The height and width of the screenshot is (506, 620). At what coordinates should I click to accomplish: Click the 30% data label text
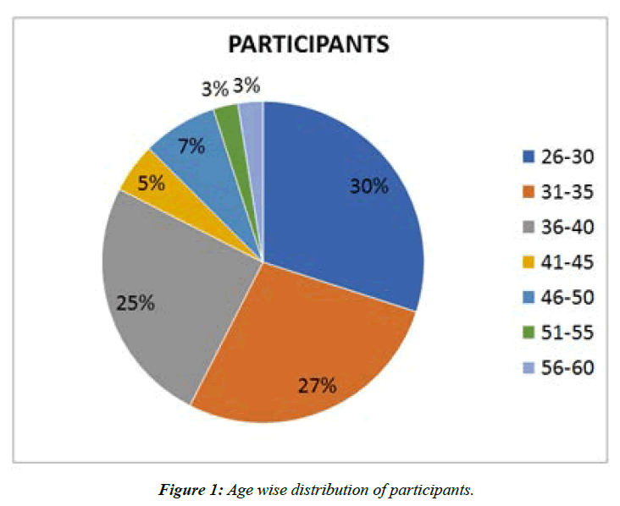point(369,187)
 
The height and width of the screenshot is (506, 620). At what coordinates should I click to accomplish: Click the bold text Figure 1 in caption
point(191,488)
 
